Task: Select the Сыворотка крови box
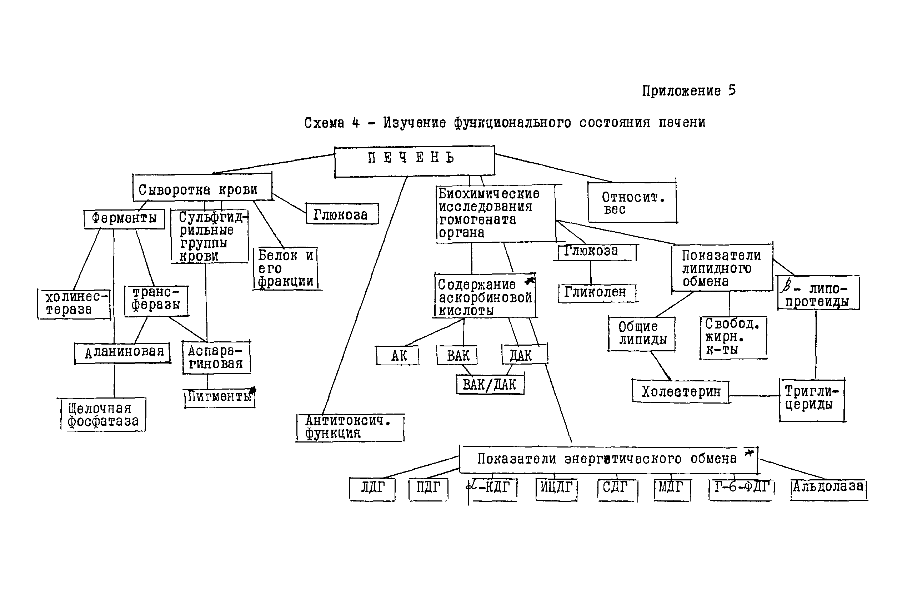(202, 188)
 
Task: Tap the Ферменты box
(124, 219)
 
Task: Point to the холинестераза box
(74, 304)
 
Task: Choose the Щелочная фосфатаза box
(103, 414)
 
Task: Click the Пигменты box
(220, 398)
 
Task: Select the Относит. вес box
(632, 203)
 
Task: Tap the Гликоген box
(597, 293)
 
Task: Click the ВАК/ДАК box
(490, 385)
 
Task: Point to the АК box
(398, 356)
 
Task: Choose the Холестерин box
(681, 392)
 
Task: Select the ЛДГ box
(372, 489)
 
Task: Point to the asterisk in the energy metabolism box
(749, 453)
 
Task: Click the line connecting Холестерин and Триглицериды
(755, 396)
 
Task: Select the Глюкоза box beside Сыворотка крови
(342, 214)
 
